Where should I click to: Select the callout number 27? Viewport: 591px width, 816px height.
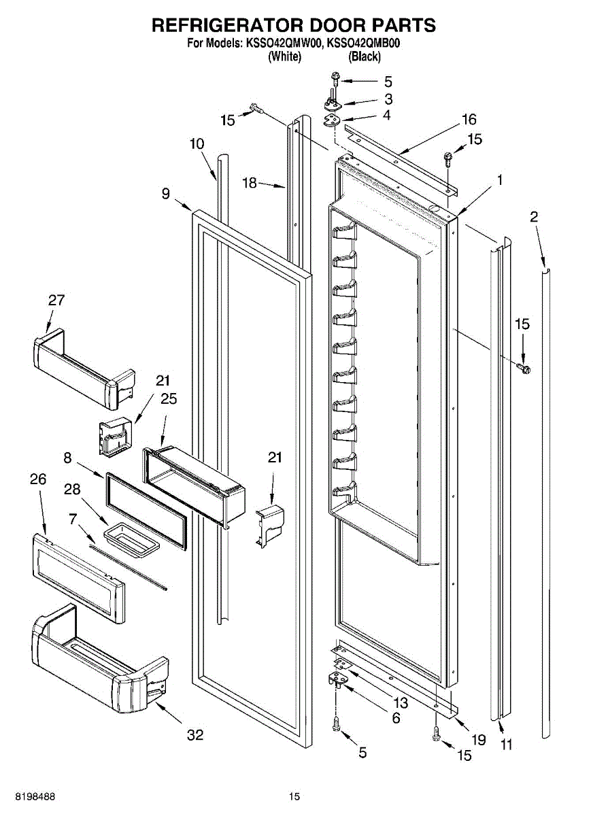click(56, 301)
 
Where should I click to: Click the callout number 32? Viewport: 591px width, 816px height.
click(195, 735)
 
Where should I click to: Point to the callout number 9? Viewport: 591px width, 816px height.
click(166, 194)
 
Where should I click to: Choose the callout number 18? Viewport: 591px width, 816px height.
click(251, 182)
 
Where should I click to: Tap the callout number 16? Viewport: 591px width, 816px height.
click(469, 120)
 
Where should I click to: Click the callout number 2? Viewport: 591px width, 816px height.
click(534, 217)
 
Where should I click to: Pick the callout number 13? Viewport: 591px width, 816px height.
click(401, 703)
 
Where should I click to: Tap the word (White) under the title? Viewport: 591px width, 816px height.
click(284, 57)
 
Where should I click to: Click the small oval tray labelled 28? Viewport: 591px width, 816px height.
click(134, 535)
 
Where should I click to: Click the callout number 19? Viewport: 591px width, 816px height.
click(479, 740)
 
